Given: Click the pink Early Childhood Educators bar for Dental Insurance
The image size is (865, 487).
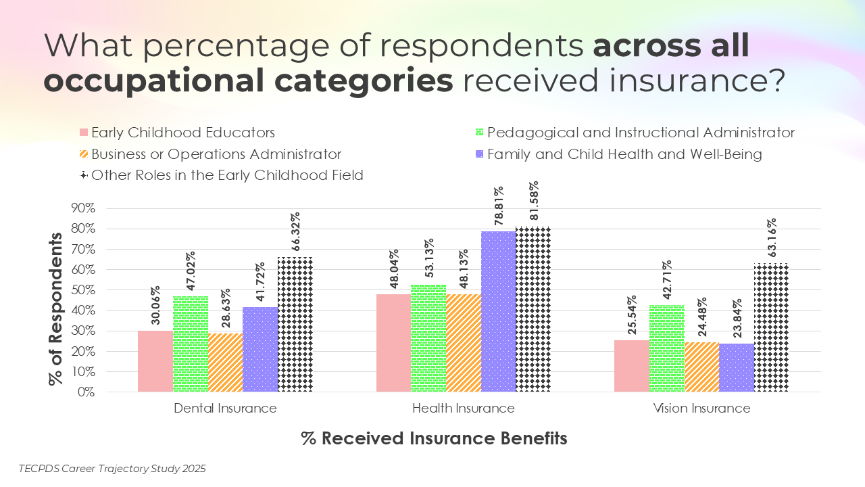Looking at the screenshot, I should [155, 361].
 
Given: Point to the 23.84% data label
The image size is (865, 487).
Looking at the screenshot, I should [737, 318].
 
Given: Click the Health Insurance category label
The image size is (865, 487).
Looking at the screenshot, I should [463, 409].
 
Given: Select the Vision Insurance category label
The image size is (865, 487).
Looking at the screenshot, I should [701, 409].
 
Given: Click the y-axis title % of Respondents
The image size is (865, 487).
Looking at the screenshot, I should [55, 309].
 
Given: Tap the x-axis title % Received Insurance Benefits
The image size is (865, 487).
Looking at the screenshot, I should [434, 438].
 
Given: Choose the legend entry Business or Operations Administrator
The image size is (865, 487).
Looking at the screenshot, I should [216, 154].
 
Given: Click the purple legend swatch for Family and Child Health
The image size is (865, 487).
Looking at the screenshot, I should [480, 154].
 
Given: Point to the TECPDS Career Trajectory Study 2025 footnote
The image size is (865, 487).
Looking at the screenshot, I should [112, 468].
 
